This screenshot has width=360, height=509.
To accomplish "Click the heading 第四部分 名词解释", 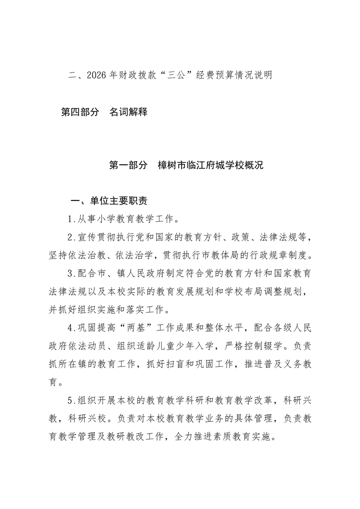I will pyautogui.click(x=104, y=112).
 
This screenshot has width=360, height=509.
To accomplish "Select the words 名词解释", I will pyautogui.click(x=128, y=112).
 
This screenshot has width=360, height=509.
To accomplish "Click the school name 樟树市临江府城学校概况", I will pyautogui.click(x=210, y=165).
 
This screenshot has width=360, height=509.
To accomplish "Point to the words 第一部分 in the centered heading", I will pyautogui.click(x=128, y=165).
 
